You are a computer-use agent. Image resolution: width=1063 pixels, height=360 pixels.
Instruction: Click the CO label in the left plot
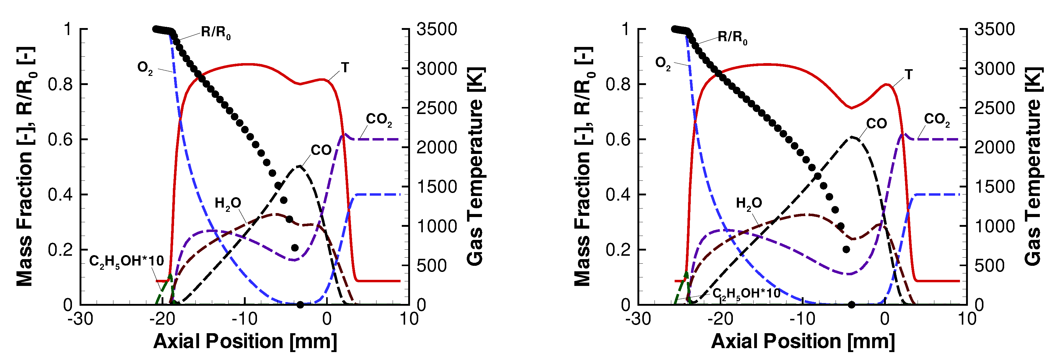(x=321, y=150)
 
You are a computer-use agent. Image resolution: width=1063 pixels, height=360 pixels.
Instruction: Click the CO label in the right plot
(x=876, y=123)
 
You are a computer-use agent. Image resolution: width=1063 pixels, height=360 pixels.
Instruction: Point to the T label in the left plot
(x=344, y=67)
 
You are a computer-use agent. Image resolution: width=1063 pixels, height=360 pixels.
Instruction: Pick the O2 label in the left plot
(x=145, y=68)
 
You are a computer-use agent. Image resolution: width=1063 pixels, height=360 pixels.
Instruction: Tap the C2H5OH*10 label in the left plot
(x=126, y=261)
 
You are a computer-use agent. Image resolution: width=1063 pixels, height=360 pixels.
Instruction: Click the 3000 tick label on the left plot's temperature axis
(x=437, y=69)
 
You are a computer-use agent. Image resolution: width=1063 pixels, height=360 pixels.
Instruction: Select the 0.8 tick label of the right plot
(x=618, y=84)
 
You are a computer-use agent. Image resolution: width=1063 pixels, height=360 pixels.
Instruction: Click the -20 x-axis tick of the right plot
(x=720, y=319)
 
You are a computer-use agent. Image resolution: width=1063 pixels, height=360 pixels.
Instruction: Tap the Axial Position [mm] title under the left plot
(x=245, y=341)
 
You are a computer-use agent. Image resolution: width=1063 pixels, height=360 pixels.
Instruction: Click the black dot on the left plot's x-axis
(x=300, y=305)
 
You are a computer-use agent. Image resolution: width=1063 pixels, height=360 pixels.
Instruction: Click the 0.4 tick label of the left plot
(x=60, y=194)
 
